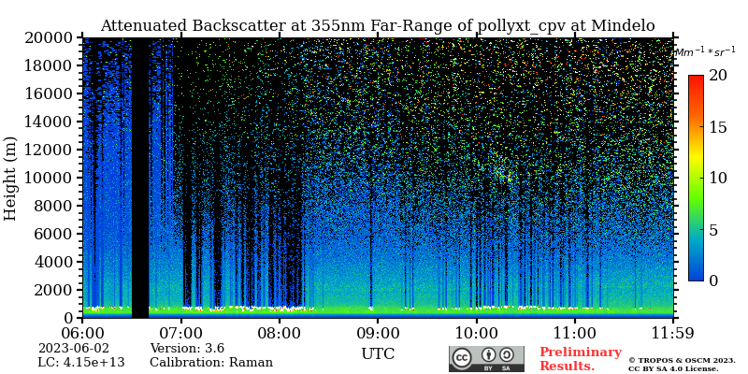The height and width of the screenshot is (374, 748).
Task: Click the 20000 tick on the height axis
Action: tap(50, 38)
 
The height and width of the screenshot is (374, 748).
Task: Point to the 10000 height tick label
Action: tap(50, 178)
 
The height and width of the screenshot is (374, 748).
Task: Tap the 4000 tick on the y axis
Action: tap(54, 262)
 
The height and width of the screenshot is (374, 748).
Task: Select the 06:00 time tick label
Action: tap(82, 332)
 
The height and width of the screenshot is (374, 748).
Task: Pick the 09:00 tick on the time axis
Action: tap(378, 332)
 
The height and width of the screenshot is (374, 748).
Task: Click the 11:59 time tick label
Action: tap(673, 332)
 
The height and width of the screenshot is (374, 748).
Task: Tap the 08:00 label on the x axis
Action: tap(279, 332)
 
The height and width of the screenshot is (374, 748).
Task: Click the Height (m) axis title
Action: tap(11, 178)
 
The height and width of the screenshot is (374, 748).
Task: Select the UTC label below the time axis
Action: tap(378, 354)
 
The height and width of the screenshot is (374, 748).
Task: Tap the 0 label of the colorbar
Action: tap(712, 280)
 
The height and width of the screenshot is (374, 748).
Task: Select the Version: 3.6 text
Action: tap(187, 349)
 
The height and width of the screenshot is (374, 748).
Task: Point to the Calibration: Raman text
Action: tap(211, 363)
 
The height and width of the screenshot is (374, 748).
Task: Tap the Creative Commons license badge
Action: tap(486, 359)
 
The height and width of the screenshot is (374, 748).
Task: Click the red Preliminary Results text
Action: tap(580, 359)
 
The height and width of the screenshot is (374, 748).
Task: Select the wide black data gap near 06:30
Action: tap(140, 178)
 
